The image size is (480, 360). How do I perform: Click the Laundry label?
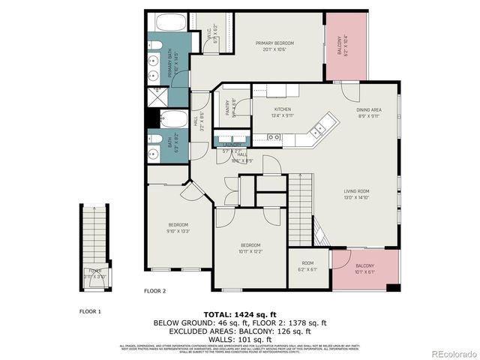tap(231, 143)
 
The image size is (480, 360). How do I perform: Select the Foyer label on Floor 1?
tap(95, 274)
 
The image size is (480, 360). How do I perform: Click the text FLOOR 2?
tap(154, 290)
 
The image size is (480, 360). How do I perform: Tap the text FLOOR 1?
tap(90, 310)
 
